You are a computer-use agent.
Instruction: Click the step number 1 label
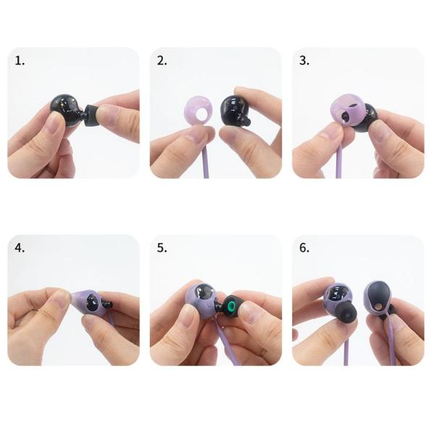(x=20, y=61)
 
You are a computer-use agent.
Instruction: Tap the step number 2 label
(x=162, y=61)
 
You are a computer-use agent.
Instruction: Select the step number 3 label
(x=305, y=61)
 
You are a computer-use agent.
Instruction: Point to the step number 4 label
(x=20, y=248)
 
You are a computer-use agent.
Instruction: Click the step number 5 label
(x=162, y=248)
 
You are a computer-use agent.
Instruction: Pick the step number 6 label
(x=305, y=248)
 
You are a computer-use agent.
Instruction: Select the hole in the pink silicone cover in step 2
(x=200, y=114)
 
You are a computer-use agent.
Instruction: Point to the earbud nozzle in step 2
(x=246, y=121)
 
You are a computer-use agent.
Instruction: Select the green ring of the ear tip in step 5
(x=230, y=307)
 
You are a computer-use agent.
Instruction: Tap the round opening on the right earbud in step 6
(x=378, y=307)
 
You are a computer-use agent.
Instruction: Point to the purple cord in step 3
(x=339, y=163)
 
